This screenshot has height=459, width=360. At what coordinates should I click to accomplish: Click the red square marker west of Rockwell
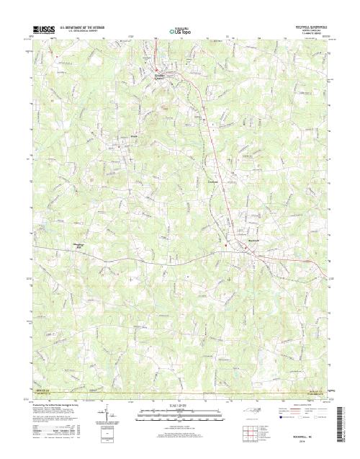(225, 245)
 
